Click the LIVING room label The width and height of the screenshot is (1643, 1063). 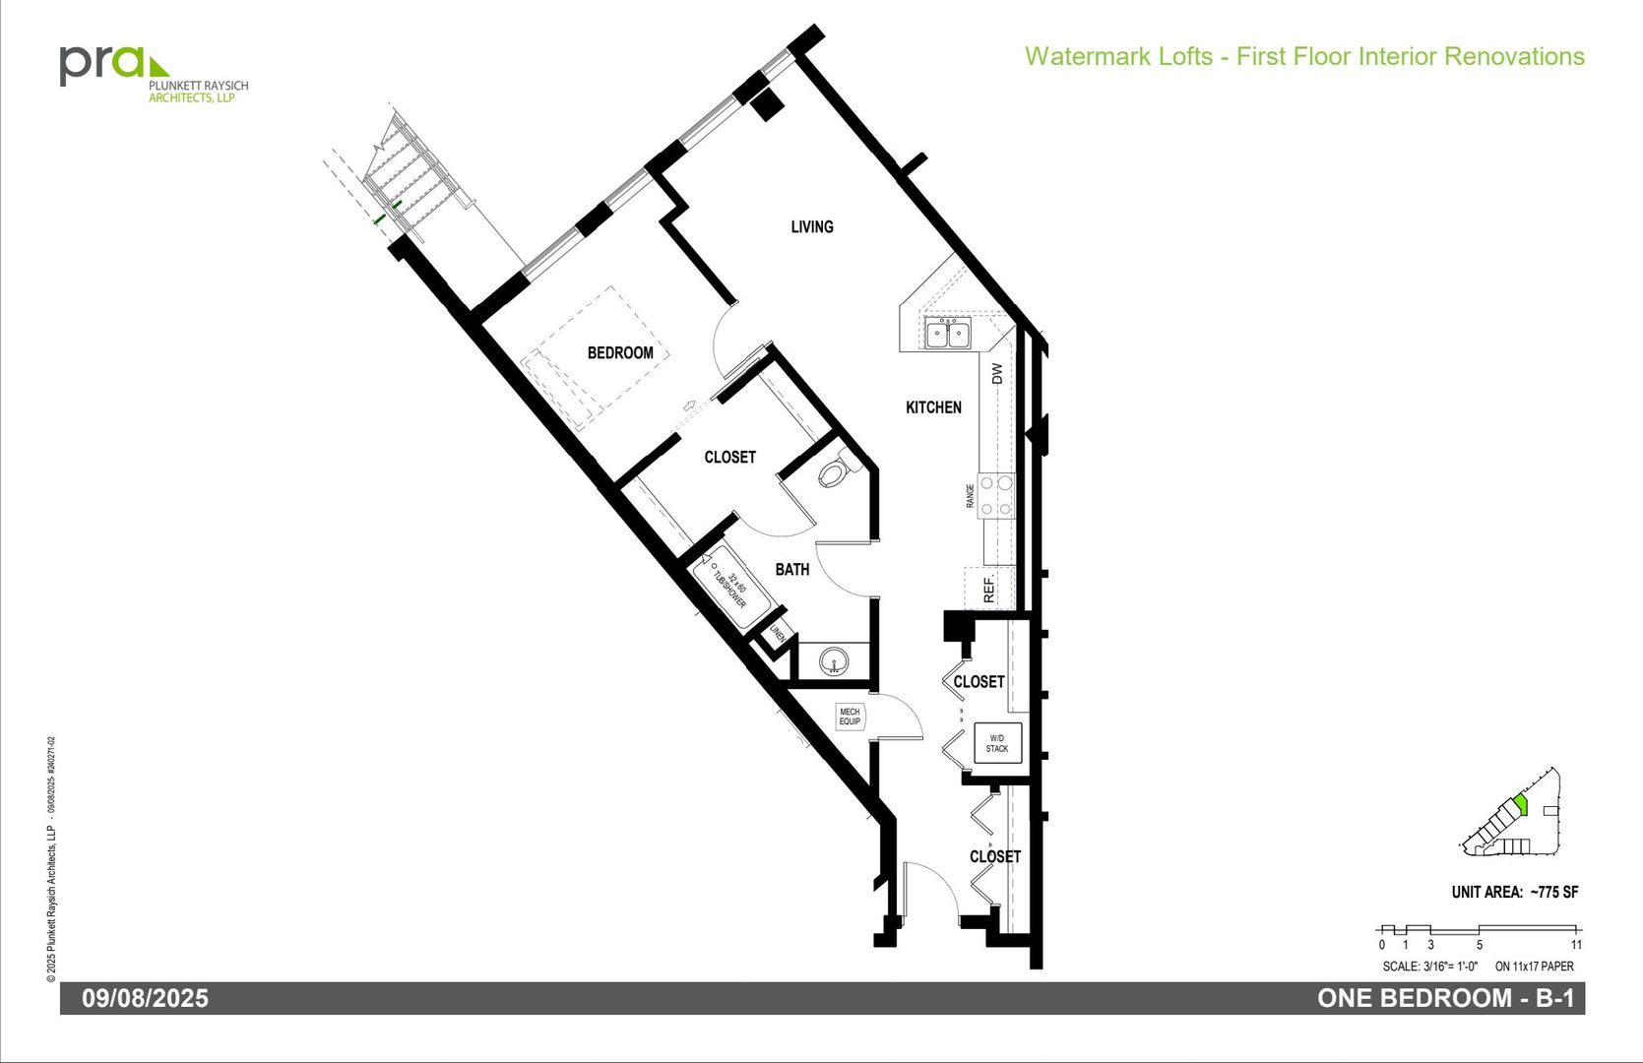point(812,226)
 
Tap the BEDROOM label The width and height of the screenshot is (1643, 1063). point(620,352)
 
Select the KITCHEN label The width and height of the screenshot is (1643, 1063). point(933,406)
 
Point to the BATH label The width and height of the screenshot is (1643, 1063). point(791,569)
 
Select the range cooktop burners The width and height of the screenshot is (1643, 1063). point(996,496)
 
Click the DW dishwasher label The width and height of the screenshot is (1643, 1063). point(996,374)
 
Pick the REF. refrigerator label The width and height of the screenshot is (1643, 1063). point(989,590)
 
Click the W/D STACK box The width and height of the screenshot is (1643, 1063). point(997,743)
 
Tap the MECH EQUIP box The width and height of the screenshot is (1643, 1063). point(850,717)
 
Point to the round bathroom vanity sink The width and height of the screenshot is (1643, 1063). point(834,660)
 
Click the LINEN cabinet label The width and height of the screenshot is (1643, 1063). point(778,635)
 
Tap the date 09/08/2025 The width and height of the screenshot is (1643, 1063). point(145,998)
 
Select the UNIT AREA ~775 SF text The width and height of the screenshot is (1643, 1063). point(1514,892)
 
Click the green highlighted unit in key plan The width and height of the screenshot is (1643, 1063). point(1521,806)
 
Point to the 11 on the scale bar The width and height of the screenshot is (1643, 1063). point(1576,945)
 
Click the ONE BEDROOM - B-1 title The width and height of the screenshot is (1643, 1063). point(1445,998)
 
